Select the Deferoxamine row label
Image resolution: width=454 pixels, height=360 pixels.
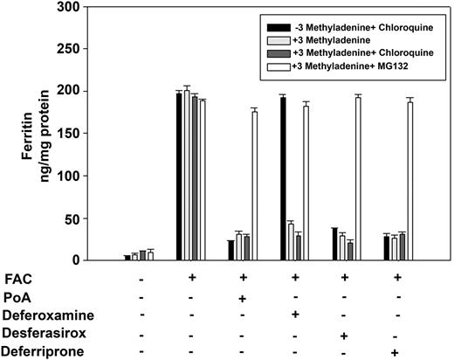pyautogui.click(x=38, y=315)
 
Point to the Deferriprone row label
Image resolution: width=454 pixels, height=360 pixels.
pyautogui.click(x=37, y=352)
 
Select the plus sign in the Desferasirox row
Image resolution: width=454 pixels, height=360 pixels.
pyautogui.click(x=346, y=335)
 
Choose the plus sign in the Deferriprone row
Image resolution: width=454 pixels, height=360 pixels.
pyautogui.click(x=396, y=352)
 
